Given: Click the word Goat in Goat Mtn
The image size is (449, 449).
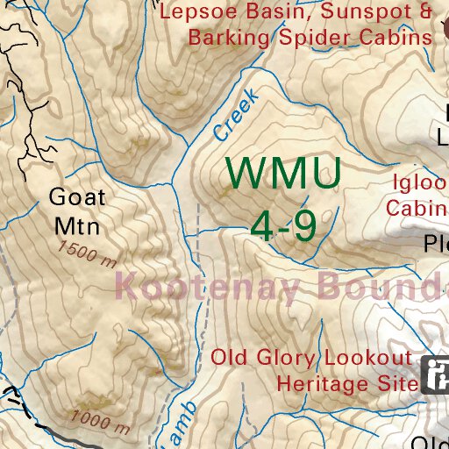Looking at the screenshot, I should coord(77,196).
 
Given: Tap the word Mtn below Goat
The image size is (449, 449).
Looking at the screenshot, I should coord(77,224).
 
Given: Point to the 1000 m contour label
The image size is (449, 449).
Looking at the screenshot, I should coord(102,422).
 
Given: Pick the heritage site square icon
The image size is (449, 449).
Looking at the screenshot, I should coord(436,374).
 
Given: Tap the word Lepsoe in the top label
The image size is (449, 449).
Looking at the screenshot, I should coord(196,12).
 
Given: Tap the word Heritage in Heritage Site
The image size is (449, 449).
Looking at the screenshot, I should coord(320,383).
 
